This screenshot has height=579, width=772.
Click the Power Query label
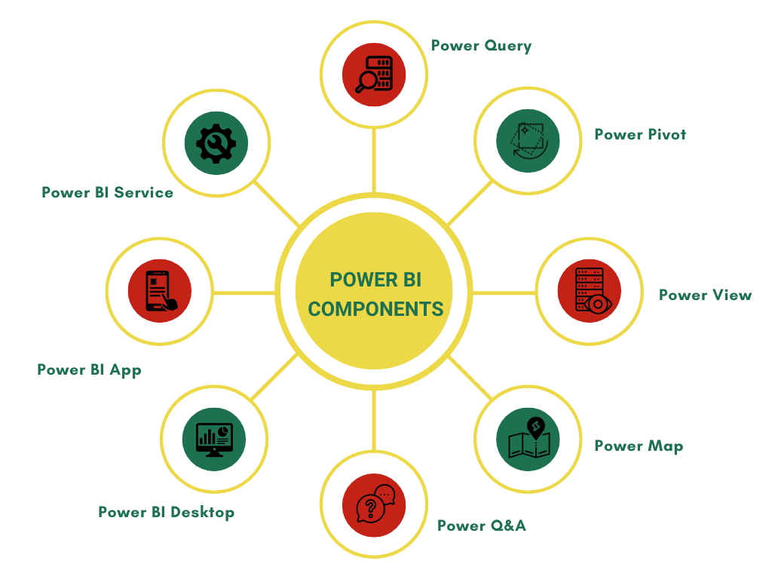pyautogui.click(x=481, y=46)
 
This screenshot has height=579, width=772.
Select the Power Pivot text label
pyautogui.click(x=640, y=135)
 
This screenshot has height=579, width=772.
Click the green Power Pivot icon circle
pyautogui.click(x=527, y=140)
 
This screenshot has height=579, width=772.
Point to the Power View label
pyautogui.click(x=705, y=295)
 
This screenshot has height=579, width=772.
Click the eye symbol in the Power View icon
pyautogui.click(x=599, y=305)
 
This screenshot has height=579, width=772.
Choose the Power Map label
pyautogui.click(x=639, y=446)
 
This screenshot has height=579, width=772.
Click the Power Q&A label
pyautogui.click(x=481, y=525)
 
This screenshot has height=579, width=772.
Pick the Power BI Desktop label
pyautogui.click(x=166, y=513)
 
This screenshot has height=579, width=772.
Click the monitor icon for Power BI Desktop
pyautogui.click(x=214, y=438)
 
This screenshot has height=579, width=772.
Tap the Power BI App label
pyautogui.click(x=89, y=369)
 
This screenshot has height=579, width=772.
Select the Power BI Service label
pyautogui.click(x=107, y=192)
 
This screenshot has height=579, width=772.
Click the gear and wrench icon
pyautogui.click(x=216, y=141)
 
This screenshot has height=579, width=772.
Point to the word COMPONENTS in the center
pyautogui.click(x=375, y=309)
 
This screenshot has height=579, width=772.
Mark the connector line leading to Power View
pyautogui.click(x=503, y=293)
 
